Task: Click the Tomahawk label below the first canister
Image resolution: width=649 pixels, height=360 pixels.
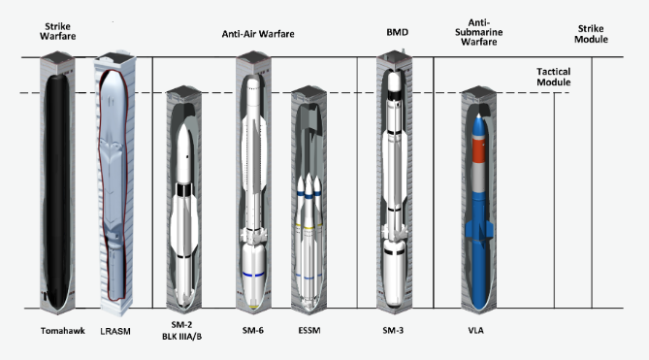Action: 62,331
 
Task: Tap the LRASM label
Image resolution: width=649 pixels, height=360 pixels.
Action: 115,331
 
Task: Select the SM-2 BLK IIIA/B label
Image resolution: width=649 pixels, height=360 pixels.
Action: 181,331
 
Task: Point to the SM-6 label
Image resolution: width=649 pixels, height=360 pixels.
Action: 253,330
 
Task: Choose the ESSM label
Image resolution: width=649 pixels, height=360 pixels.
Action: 309,330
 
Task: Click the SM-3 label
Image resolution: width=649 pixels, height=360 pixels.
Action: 393,330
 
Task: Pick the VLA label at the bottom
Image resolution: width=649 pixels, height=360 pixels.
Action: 475,330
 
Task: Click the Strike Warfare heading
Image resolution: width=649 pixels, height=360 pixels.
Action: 57,31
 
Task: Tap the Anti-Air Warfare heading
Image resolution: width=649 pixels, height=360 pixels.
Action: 258,34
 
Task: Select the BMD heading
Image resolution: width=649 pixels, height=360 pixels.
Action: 398,32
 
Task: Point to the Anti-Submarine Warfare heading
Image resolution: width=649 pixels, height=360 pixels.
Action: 479,32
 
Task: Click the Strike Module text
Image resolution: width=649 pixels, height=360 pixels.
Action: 591,34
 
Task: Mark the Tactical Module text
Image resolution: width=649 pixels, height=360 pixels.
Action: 553,77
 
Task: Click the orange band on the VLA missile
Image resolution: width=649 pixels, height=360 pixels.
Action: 478,150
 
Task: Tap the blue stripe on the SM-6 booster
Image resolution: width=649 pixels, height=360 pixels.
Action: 253,275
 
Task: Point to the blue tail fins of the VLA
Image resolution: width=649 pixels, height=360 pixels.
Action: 479,231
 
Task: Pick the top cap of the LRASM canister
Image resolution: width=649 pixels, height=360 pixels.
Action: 114,58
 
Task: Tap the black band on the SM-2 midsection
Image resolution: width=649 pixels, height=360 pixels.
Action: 183,190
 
